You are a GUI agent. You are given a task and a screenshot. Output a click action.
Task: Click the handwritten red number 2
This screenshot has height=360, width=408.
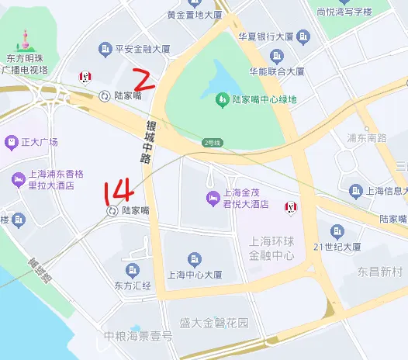pos(146,79)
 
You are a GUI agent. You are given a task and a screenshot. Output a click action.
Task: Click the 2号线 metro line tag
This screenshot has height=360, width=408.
pos(212,142)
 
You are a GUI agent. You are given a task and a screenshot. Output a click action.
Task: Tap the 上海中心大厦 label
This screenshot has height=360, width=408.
pos(195,275)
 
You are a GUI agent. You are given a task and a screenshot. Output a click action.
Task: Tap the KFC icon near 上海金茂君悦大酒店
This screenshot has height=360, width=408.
pos(292,206)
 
